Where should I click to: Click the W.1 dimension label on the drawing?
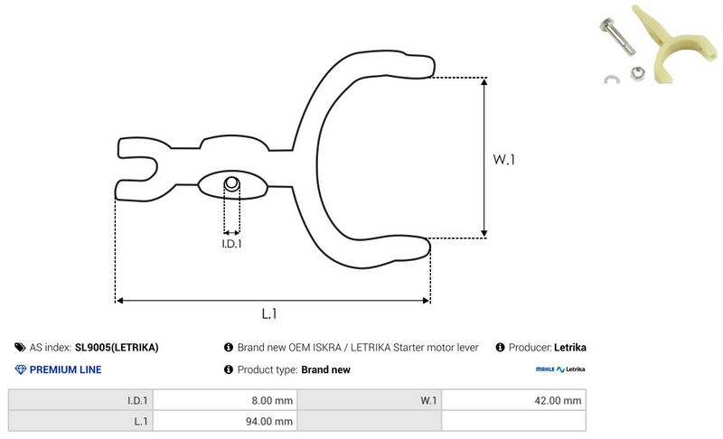503,160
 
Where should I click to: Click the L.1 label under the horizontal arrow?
268,313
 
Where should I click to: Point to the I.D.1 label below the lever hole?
231,243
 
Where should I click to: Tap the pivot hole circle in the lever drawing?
232,184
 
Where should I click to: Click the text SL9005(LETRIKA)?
117,347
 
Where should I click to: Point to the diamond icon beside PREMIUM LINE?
21,369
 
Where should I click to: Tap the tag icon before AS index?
21,347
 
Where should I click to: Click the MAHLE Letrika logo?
560,369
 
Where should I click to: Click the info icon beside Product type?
228,369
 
